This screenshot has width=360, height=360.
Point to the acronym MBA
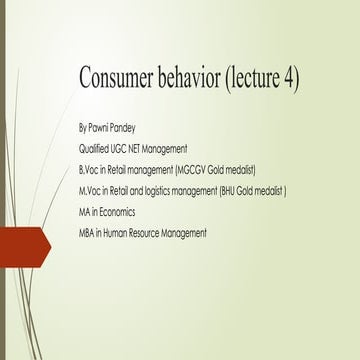pyautogui.click(x=87, y=233)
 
